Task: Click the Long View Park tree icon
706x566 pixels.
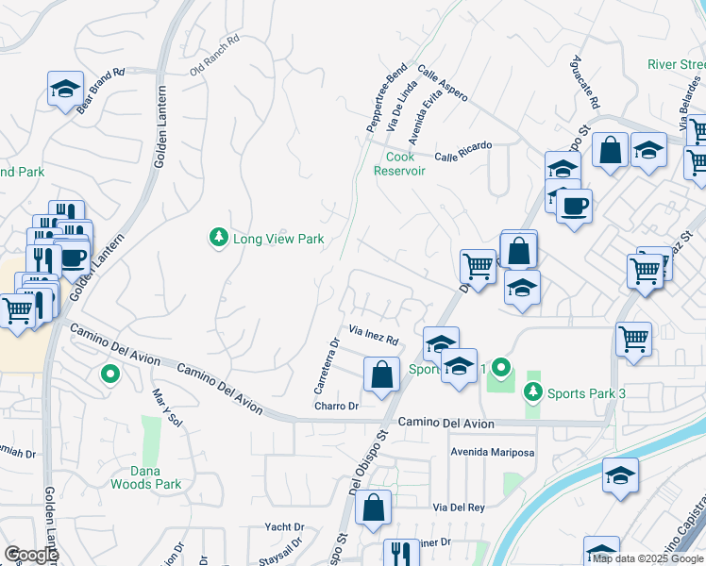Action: coord(218,239)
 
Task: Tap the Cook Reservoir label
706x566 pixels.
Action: coord(399,164)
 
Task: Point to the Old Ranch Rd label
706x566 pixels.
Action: coord(215,55)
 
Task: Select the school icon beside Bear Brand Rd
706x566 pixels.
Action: coord(64,91)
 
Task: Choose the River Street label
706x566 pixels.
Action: coord(676,64)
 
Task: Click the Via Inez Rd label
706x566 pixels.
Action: coord(374,335)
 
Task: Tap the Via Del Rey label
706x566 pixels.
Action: coord(459,508)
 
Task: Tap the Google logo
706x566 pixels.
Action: coord(30,554)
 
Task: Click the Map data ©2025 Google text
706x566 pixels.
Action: coord(647,558)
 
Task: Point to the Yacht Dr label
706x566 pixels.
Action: coord(284,527)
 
